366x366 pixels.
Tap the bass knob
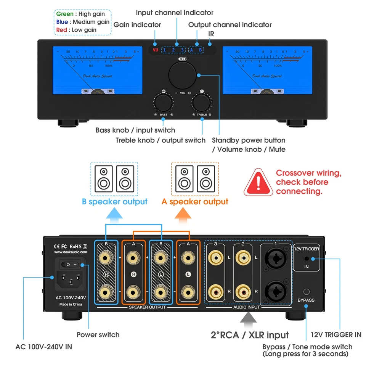[x=163, y=103]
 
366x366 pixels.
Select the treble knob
[x=201, y=103]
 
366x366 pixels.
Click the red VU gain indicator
[x=155, y=50]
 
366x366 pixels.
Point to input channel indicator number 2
[x=173, y=50]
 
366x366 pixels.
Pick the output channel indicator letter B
[x=201, y=50]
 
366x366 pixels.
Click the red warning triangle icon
[x=258, y=183]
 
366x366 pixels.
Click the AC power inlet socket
[x=70, y=281]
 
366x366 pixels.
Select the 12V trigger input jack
[x=306, y=259]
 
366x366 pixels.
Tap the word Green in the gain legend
[x=65, y=14]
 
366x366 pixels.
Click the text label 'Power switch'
[x=98, y=335]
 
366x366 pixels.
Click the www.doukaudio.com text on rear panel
[x=71, y=252]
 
